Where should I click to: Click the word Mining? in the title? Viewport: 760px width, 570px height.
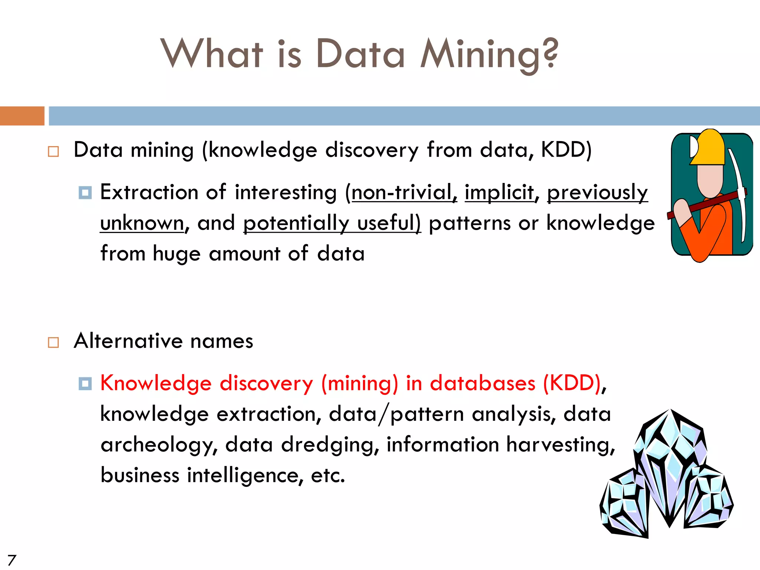(489, 55)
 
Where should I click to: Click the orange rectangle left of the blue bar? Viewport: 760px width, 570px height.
(22, 116)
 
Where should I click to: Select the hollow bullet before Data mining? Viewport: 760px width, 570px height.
(53, 151)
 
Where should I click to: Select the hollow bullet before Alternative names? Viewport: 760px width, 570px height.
(53, 342)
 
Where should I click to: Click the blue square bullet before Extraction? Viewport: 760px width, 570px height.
(85, 193)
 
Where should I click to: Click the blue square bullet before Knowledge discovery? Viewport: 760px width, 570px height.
(85, 384)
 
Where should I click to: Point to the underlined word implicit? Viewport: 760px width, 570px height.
(499, 193)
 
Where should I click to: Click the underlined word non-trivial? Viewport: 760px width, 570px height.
(404, 193)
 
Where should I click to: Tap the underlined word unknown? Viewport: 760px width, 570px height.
(142, 223)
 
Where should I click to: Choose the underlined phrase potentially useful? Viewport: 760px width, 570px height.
(332, 223)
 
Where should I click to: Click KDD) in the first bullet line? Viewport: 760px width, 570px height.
(566, 150)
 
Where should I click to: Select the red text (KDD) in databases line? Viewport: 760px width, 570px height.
(572, 383)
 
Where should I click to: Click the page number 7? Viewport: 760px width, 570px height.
(12, 560)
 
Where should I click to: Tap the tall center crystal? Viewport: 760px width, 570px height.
(670, 468)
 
